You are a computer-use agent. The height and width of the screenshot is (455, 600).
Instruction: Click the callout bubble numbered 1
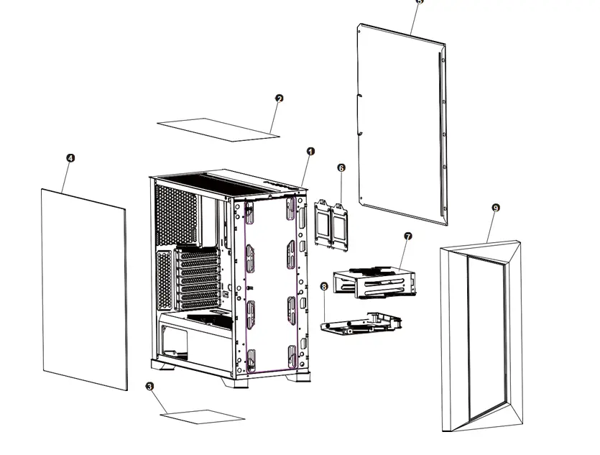click(x=310, y=152)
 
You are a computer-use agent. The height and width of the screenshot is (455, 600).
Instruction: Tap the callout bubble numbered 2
click(x=280, y=98)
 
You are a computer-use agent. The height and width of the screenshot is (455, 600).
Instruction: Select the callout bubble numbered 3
click(x=149, y=387)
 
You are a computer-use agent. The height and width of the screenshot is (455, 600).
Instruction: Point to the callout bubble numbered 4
click(x=70, y=157)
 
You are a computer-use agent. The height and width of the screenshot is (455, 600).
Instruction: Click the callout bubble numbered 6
click(x=341, y=167)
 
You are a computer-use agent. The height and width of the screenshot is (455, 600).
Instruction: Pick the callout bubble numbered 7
click(x=407, y=236)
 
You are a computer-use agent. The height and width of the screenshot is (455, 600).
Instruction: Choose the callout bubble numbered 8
click(x=323, y=286)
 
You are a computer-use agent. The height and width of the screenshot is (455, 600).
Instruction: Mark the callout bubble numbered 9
click(x=495, y=207)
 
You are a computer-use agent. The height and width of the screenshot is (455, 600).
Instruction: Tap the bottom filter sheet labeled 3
click(x=203, y=415)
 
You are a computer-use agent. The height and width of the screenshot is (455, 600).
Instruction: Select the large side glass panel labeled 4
click(x=84, y=288)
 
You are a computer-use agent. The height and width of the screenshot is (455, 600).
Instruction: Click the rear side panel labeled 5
click(x=402, y=122)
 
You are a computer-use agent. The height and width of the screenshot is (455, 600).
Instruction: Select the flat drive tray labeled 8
click(x=359, y=325)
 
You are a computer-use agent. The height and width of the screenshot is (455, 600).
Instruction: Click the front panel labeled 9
click(x=478, y=338)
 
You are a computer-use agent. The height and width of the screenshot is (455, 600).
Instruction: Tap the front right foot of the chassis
click(x=299, y=378)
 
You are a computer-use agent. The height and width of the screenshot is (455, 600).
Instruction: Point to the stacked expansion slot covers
click(x=196, y=277)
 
